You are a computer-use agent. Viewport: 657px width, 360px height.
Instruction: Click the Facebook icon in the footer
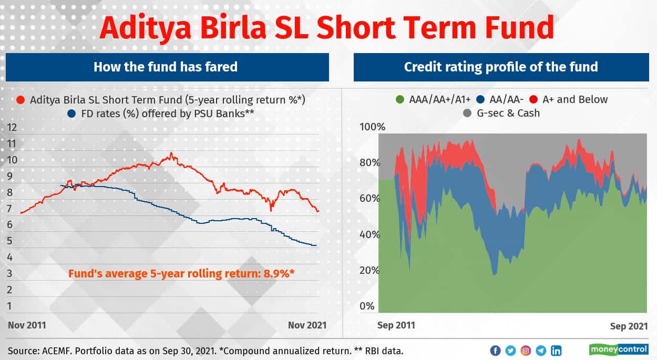pyautogui.click(x=496, y=351)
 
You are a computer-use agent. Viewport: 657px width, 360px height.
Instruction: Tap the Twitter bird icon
pyautogui.click(x=511, y=351)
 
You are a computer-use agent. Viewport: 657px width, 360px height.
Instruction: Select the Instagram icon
pyautogui.click(x=526, y=351)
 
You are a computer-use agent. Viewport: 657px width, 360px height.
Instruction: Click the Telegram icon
pyautogui.click(x=541, y=351)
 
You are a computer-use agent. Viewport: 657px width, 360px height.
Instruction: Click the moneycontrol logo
pyautogui.click(x=619, y=349)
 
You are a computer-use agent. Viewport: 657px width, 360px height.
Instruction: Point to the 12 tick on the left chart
pyautogui.click(x=12, y=128)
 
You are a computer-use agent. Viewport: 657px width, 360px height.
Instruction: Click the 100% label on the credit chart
pyautogui.click(x=373, y=127)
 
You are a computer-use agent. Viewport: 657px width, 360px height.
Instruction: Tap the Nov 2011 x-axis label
pyautogui.click(x=27, y=325)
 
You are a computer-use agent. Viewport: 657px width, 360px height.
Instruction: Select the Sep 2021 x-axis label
pyautogui.click(x=629, y=326)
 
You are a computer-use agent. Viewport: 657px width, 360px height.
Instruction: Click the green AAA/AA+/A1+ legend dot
pyautogui.click(x=400, y=99)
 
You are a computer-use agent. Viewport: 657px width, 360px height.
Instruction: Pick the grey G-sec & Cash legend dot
pyautogui.click(x=467, y=113)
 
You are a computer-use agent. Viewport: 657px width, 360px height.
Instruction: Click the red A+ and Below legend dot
pyautogui.click(x=533, y=99)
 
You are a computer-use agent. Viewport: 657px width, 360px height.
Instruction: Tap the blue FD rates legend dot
pyautogui.click(x=71, y=114)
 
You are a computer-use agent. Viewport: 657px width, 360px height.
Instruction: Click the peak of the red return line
pyautogui.click(x=171, y=153)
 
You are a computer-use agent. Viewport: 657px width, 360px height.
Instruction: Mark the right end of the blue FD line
pyautogui.click(x=316, y=245)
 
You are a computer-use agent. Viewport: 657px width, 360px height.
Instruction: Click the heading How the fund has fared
pyautogui.click(x=166, y=67)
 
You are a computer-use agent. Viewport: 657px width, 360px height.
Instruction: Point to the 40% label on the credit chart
pyautogui.click(x=369, y=234)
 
